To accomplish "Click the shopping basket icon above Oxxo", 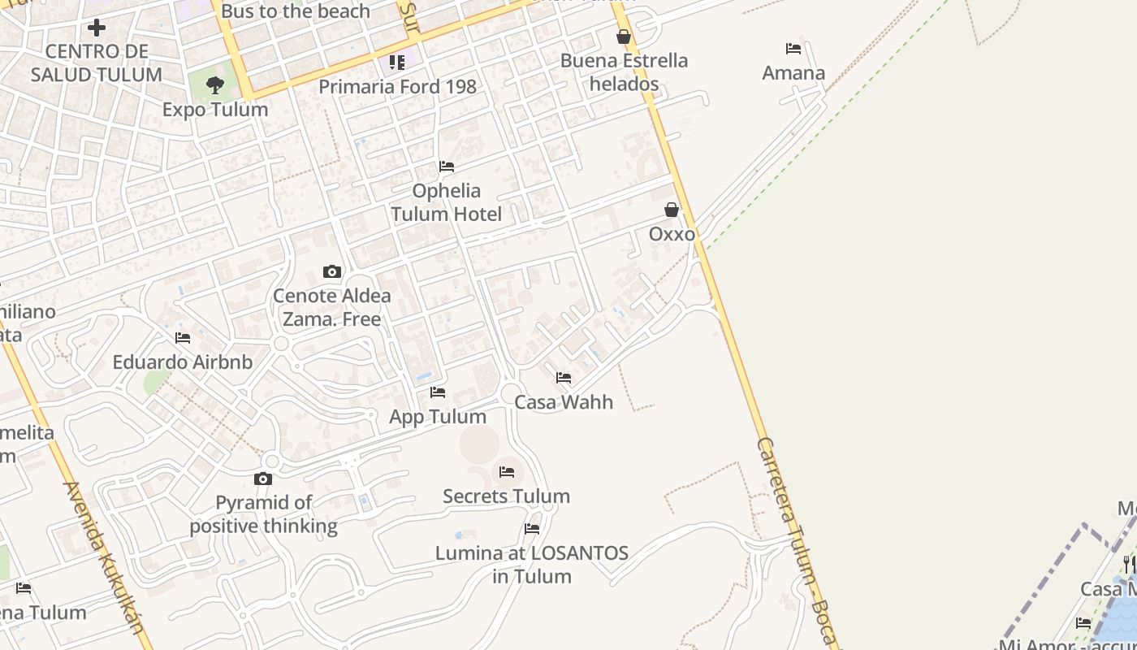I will tap(672, 210).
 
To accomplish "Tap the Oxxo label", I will tap(672, 234).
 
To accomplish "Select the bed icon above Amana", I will tap(793, 49).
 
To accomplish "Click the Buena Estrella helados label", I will tap(624, 71).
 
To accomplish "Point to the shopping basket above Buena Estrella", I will tap(624, 37).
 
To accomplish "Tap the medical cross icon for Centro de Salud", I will tap(97, 28).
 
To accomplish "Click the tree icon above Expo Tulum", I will tap(215, 84).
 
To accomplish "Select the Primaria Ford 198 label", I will tap(397, 86).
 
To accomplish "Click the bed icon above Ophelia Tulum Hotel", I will tap(447, 167).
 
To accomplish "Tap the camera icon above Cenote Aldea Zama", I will tap(332, 271).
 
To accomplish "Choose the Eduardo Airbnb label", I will tap(183, 362).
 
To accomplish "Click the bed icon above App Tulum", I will tap(438, 392).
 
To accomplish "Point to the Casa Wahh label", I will tap(564, 401).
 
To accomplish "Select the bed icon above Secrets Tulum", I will tap(507, 471).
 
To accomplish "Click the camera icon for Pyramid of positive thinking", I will tap(263, 479).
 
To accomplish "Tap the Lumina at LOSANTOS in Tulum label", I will tap(531, 565).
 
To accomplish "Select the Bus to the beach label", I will tap(296, 11).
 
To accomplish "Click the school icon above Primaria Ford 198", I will tap(397, 62).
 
